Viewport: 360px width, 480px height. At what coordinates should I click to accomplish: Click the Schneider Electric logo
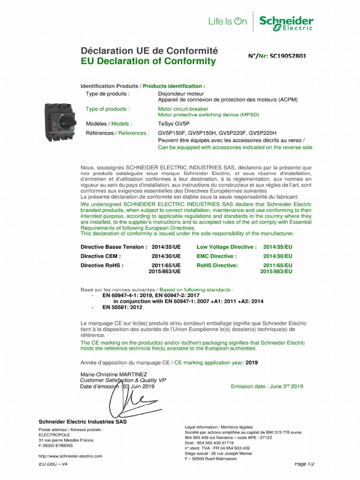(x=286, y=23)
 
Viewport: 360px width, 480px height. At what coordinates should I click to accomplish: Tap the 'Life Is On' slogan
(x=227, y=21)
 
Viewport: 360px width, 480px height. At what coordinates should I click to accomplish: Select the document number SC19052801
(x=285, y=56)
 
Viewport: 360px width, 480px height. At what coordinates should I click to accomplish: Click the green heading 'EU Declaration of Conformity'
(x=142, y=61)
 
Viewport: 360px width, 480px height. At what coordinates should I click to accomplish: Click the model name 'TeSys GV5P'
(x=173, y=124)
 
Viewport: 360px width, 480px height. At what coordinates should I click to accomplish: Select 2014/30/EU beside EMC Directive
(x=277, y=256)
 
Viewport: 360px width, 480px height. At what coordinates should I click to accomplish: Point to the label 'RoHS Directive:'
(x=217, y=265)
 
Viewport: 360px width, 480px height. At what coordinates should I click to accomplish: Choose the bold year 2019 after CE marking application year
(x=252, y=362)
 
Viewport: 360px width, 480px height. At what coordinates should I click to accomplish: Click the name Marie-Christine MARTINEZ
(x=113, y=375)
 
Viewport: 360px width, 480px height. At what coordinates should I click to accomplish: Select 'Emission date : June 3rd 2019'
(x=267, y=386)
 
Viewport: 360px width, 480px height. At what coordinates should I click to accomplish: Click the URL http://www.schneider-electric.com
(x=70, y=456)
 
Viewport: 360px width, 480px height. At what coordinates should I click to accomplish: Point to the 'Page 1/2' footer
(x=304, y=464)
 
